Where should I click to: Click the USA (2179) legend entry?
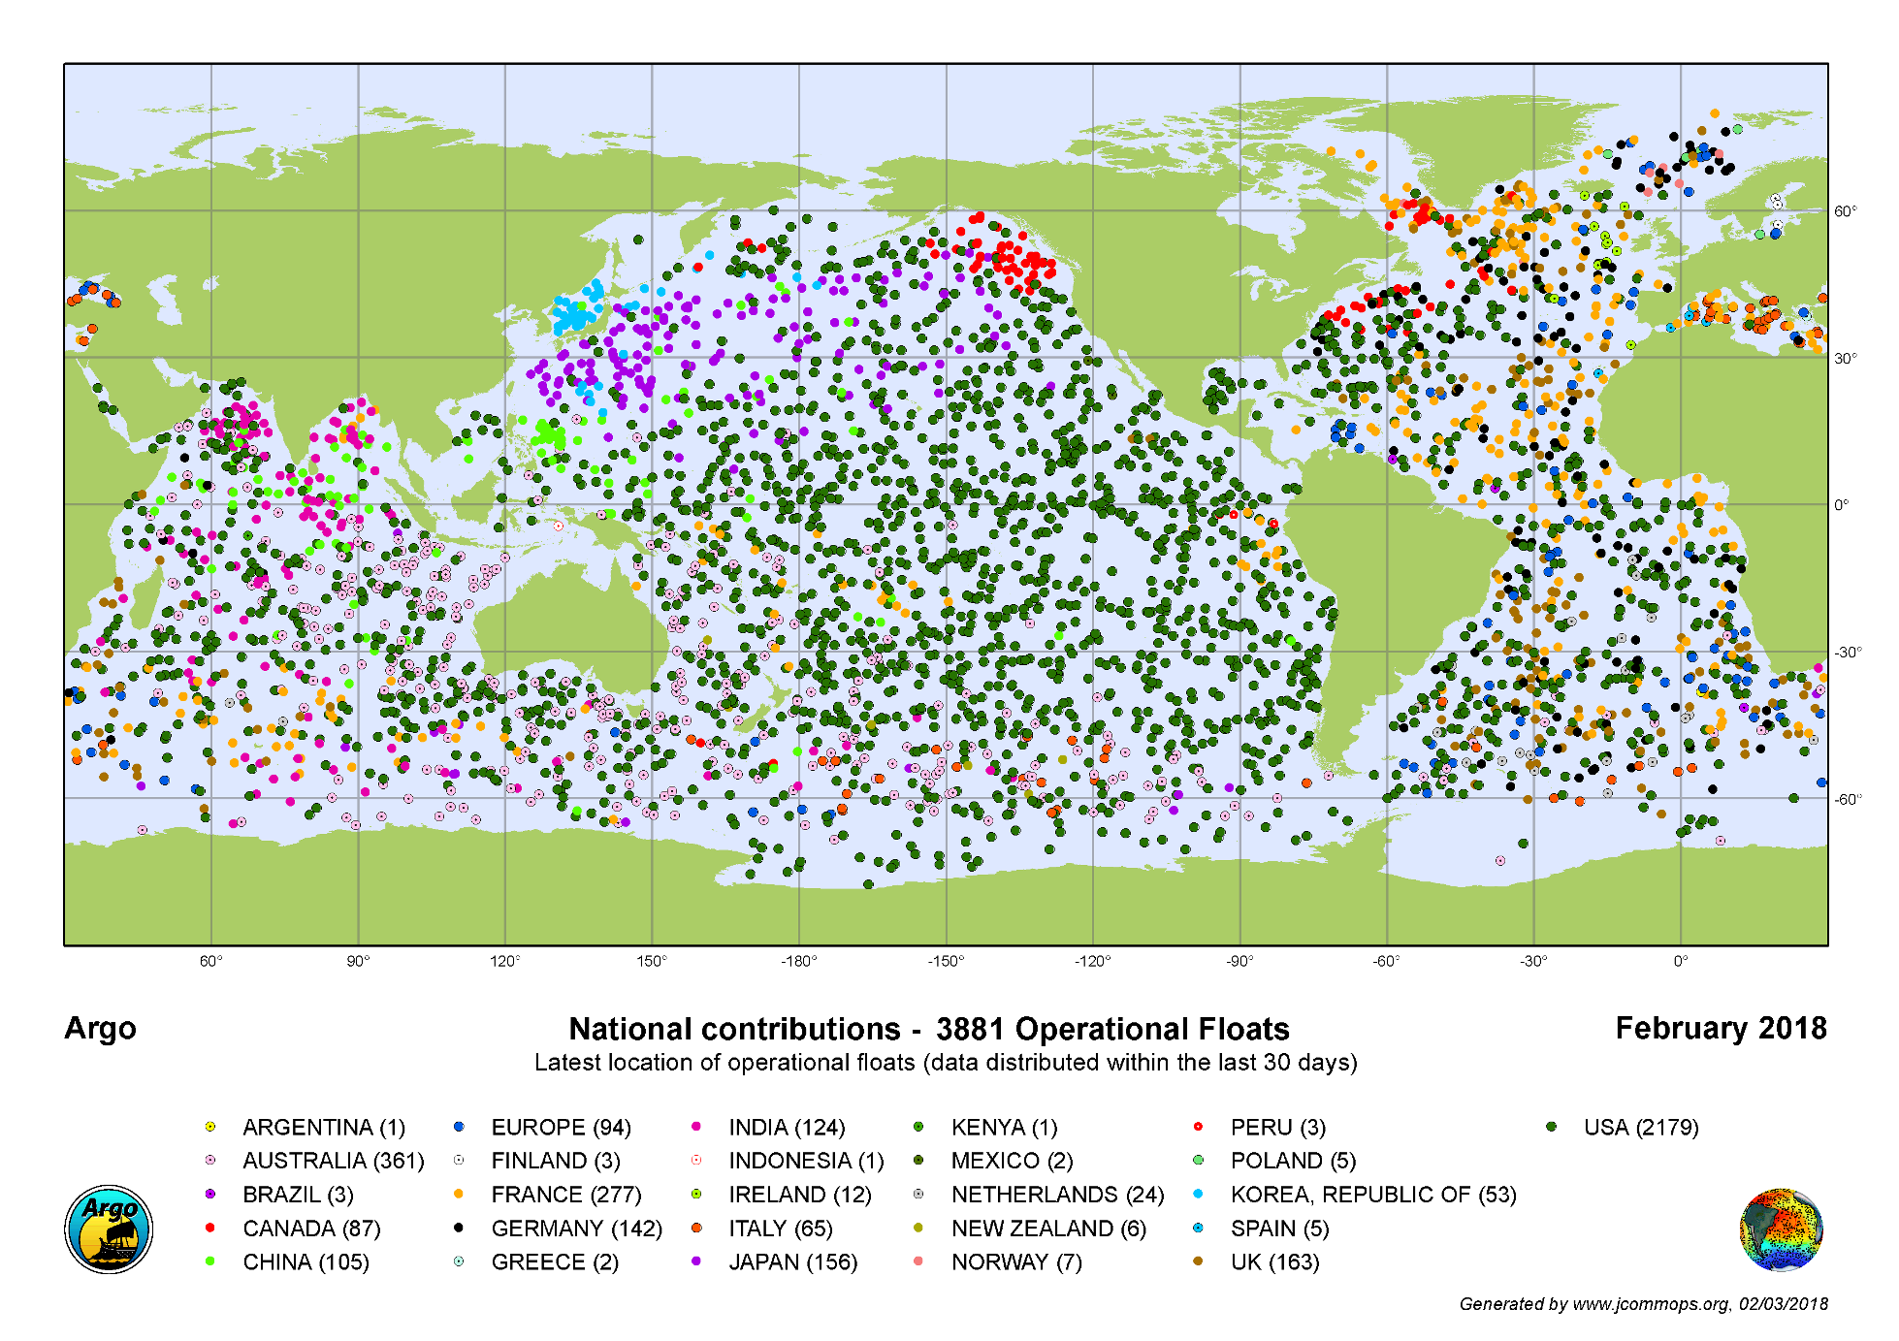(x=1640, y=1128)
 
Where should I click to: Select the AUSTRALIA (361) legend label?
(x=333, y=1161)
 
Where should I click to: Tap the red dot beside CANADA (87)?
(x=210, y=1228)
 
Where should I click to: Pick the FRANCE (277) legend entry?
(x=565, y=1195)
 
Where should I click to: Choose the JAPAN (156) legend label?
(x=792, y=1262)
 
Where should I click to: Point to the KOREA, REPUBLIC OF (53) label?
(x=1372, y=1195)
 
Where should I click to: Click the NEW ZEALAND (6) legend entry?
(x=1047, y=1229)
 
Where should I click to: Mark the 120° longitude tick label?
(x=504, y=961)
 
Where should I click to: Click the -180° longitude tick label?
(x=798, y=961)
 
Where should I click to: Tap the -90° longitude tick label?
(x=1239, y=961)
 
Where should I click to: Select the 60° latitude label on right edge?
(x=1845, y=211)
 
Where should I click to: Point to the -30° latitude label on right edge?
(x=1847, y=653)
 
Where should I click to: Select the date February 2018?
(x=1721, y=1028)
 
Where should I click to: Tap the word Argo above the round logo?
(x=100, y=1028)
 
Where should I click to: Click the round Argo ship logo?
(x=109, y=1229)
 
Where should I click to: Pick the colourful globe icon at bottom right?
(x=1782, y=1229)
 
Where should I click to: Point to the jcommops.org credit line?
(x=1643, y=1304)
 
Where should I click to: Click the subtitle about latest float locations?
(x=946, y=1063)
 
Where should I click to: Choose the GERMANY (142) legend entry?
(x=576, y=1229)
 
